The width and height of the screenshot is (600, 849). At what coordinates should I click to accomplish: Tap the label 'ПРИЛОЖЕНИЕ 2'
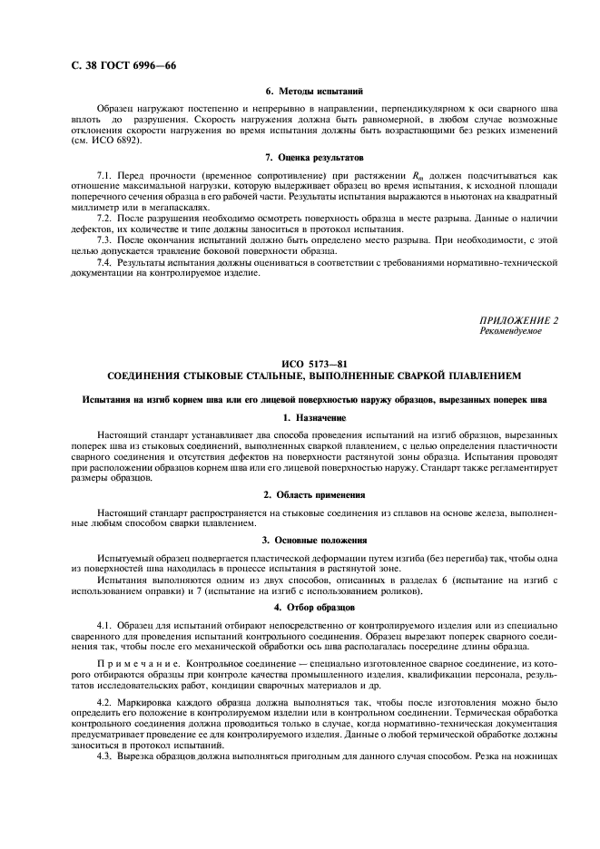(x=519, y=320)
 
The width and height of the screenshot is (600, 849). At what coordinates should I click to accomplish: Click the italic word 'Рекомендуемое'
(x=510, y=331)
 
